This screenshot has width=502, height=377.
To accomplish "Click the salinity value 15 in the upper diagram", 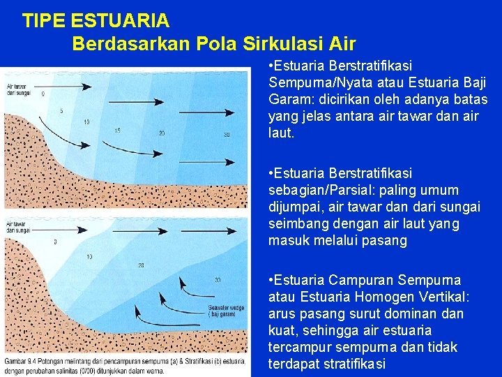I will click(117, 130).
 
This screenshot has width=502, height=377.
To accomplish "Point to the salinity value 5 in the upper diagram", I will click(61, 110).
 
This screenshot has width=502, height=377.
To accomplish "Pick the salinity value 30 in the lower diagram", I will click(218, 280).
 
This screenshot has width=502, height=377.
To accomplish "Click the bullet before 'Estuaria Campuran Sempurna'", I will click(271, 281).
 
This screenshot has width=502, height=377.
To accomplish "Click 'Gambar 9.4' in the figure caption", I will click(20, 361).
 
